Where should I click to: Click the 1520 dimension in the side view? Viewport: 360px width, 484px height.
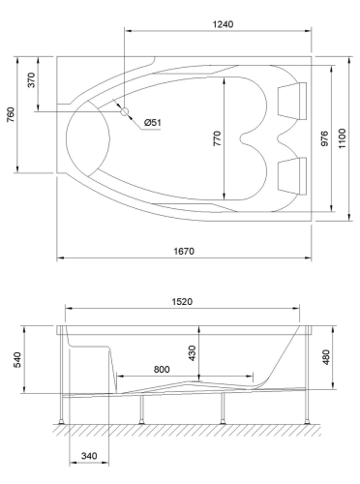point(183,302)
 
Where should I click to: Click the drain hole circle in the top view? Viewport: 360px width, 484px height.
point(125,111)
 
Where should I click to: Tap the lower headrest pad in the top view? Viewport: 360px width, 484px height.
point(291,175)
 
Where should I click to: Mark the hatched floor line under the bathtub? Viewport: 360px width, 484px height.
point(184,429)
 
